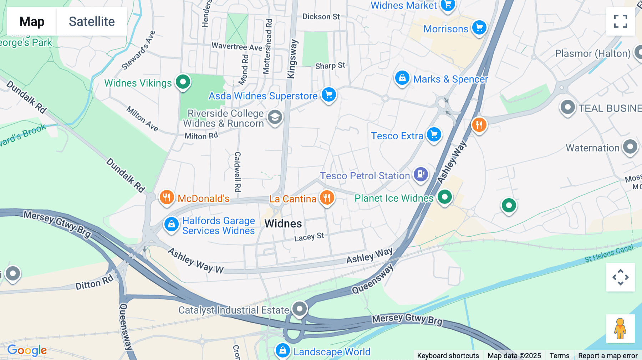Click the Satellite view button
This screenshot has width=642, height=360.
[92, 21]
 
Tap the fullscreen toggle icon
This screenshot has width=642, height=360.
[620, 21]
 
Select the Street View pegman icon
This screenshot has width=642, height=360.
[620, 328]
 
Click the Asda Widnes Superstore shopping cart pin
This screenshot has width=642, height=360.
[329, 94]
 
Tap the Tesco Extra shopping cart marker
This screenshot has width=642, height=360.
[434, 134]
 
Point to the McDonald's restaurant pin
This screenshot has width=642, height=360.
[167, 197]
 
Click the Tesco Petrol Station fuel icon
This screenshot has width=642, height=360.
[421, 174]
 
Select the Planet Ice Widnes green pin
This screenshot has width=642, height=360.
[445, 196]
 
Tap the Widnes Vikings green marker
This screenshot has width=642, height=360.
[183, 82]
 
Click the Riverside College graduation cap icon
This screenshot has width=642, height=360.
[275, 117]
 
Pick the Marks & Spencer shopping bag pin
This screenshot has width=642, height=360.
[402, 77]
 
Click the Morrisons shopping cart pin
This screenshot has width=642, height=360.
[479, 27]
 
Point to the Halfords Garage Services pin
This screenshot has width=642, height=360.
[172, 224]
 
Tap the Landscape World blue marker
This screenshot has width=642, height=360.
[283, 350]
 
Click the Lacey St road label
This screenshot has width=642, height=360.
[309, 237]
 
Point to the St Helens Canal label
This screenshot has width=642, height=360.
[608, 253]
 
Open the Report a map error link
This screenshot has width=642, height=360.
[608, 355]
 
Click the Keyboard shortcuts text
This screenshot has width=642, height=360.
[448, 355]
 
